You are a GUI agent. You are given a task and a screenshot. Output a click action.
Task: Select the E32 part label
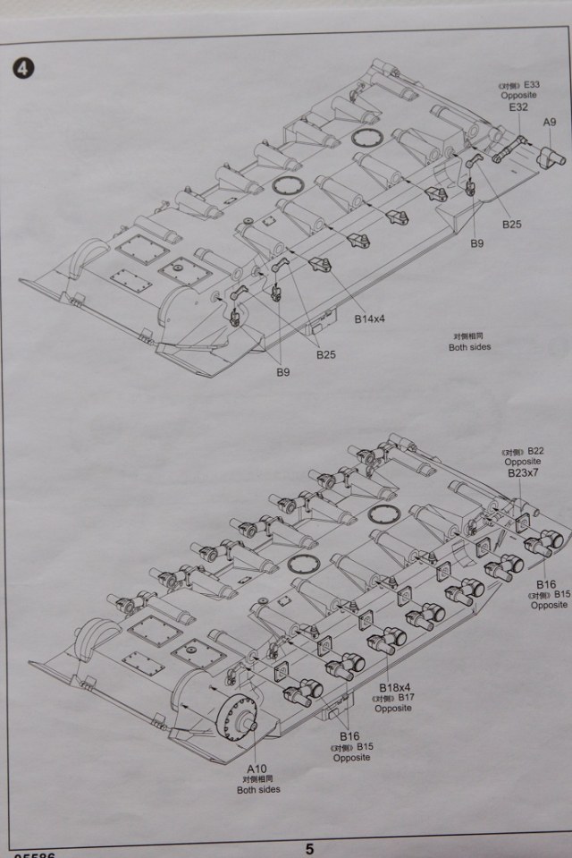(x=519, y=107)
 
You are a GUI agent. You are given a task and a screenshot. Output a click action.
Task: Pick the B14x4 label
(x=369, y=319)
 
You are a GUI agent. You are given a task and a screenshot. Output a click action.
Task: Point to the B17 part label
(x=408, y=698)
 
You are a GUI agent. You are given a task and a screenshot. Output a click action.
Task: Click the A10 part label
(x=257, y=768)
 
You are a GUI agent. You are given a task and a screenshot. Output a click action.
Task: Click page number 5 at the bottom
(x=308, y=849)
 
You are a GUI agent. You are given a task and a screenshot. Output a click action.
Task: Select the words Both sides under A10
(x=258, y=789)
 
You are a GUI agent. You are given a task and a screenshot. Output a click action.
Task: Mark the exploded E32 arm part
(x=514, y=146)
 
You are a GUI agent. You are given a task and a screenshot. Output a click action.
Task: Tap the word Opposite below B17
(x=393, y=709)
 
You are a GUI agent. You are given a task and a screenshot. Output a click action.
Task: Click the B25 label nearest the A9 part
(x=511, y=224)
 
